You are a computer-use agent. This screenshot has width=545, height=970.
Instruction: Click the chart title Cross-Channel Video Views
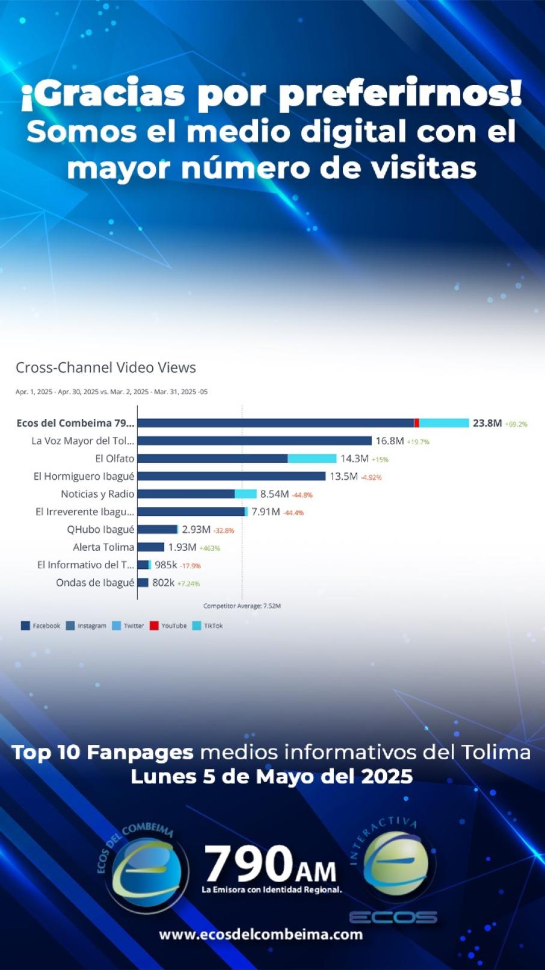(106, 367)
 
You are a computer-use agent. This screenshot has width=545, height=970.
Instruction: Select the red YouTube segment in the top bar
(417, 423)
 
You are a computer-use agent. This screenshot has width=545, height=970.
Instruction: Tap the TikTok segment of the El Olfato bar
(312, 459)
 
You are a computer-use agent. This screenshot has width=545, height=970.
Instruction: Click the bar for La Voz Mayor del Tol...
(254, 441)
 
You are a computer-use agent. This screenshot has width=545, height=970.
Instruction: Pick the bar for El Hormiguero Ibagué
(231, 476)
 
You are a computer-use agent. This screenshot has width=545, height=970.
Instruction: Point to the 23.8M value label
(487, 423)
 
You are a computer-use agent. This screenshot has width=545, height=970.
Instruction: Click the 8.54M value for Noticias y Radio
(274, 494)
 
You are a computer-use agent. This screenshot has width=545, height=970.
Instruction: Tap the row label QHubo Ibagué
(100, 529)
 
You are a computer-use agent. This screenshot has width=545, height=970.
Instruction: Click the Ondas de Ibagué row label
(95, 583)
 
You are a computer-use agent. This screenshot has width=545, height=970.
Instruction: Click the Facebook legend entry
(40, 626)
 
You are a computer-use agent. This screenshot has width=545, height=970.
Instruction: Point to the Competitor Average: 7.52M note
(242, 606)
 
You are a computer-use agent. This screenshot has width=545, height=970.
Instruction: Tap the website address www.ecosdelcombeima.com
(261, 934)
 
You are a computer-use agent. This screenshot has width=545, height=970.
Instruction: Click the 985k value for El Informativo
(166, 565)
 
